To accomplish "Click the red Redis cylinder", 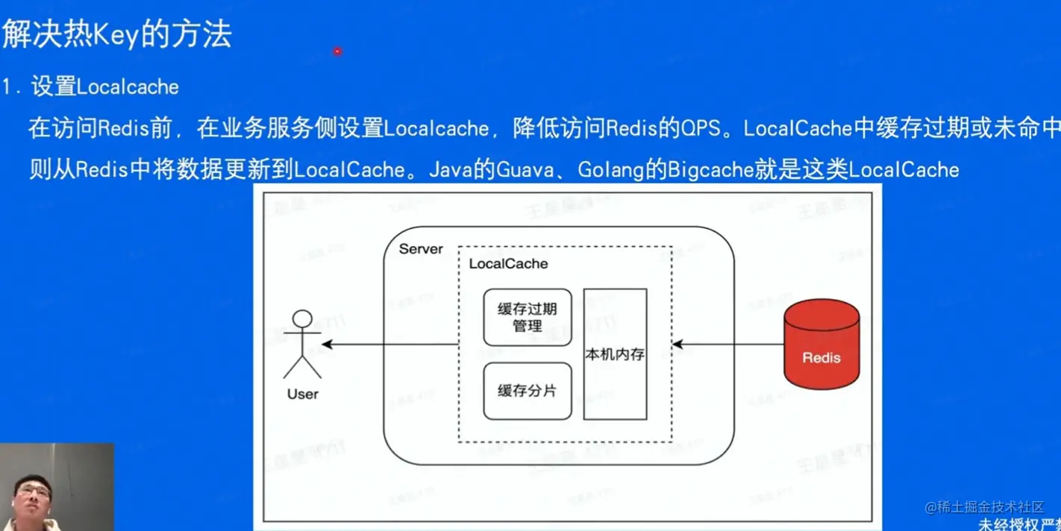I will (x=821, y=344).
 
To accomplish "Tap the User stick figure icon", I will (x=302, y=344).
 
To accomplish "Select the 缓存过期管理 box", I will (x=528, y=318).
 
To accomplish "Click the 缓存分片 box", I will (x=528, y=391).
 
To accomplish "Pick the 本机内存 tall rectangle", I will (x=615, y=354).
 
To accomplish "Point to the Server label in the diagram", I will (x=421, y=249).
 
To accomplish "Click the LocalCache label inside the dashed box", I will (x=508, y=264).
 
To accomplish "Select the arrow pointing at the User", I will (x=388, y=345).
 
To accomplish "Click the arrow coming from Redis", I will (x=727, y=345).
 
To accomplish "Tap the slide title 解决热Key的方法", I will (x=117, y=34).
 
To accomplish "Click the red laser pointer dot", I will (x=338, y=51).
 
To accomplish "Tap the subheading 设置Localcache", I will (x=104, y=87).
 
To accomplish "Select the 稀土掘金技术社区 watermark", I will (x=985, y=507).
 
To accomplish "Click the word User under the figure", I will (x=302, y=394).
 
